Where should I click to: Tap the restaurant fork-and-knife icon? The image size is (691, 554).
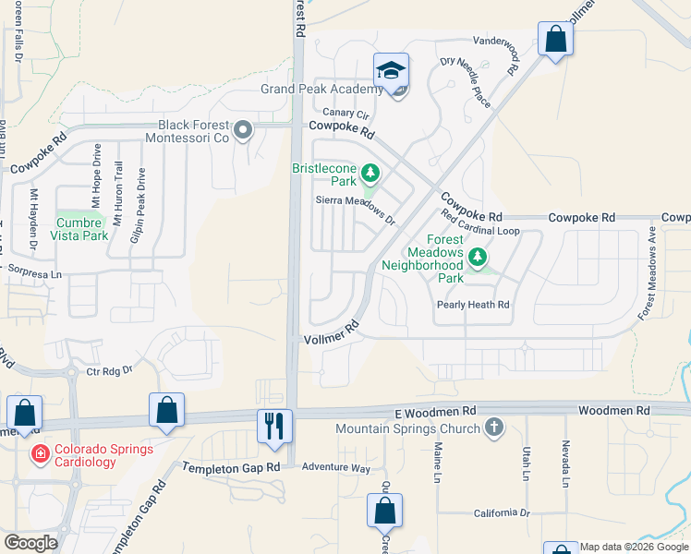pos(274,425)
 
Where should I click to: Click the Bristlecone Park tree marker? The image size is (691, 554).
pos(370,173)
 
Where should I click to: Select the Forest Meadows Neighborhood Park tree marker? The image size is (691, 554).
pos(477,257)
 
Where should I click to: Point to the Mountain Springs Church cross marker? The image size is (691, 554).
pos(494,428)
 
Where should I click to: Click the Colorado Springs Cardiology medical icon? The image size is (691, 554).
pos(40,453)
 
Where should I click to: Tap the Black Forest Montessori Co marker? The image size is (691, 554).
pos(243,130)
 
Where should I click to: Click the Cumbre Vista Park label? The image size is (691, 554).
pos(81,228)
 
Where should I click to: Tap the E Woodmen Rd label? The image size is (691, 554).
pos(434,410)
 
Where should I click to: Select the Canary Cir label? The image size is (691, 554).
pos(345,114)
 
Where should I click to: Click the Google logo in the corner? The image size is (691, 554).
pos(31,543)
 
